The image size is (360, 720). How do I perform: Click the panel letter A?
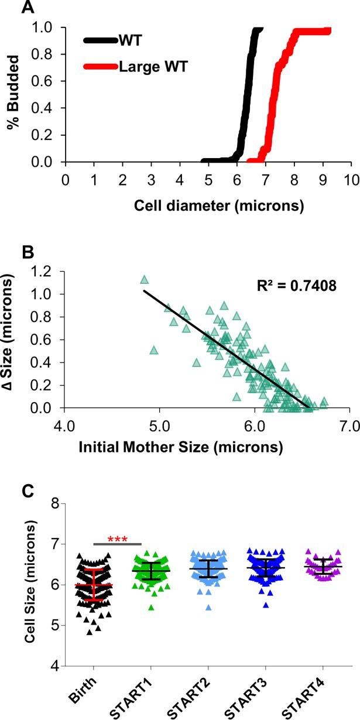pyautogui.click(x=28, y=8)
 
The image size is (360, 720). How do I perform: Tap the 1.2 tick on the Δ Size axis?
pyautogui.click(x=51, y=272)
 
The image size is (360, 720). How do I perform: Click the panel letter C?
pyautogui.click(x=28, y=488)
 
